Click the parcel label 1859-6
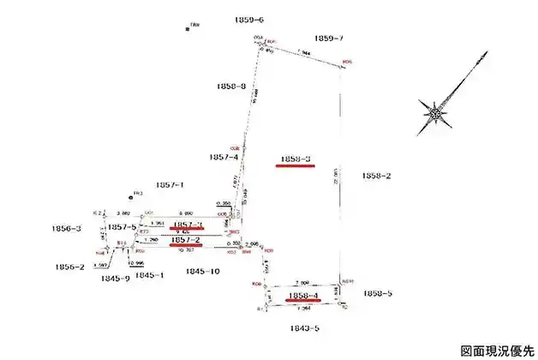(248, 19)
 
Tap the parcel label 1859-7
(329, 39)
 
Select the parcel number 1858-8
(231, 87)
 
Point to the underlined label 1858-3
(295, 159)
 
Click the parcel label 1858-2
(377, 176)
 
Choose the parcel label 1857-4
(224, 157)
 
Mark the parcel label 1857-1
(170, 184)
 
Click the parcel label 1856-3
(67, 228)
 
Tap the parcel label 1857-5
(123, 227)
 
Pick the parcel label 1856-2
(69, 267)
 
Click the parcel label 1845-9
(115, 278)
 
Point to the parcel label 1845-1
(149, 275)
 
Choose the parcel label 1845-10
(203, 271)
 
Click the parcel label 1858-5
(377, 293)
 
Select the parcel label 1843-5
(304, 327)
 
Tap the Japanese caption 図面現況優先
(497, 350)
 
